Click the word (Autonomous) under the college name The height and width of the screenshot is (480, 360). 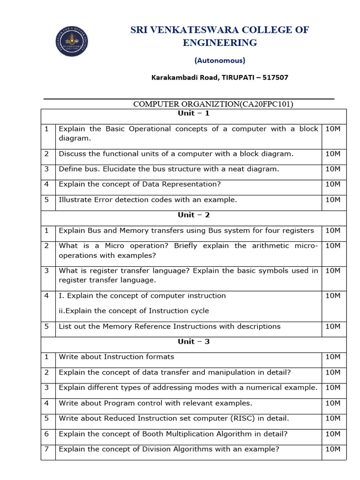(x=219, y=60)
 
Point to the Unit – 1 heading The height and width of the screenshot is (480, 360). (x=193, y=113)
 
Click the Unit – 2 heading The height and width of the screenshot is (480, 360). (x=193, y=215)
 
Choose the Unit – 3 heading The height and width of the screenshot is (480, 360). (x=193, y=341)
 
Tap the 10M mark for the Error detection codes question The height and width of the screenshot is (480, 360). (x=332, y=200)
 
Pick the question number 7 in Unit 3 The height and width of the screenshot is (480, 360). (x=47, y=449)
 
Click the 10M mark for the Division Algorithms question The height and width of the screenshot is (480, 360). (x=332, y=449)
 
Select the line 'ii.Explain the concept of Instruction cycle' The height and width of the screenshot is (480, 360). (x=134, y=311)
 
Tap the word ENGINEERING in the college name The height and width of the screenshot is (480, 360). (x=220, y=43)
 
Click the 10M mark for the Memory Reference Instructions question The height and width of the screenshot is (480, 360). (x=332, y=326)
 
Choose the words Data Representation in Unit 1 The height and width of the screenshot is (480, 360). (x=180, y=184)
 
